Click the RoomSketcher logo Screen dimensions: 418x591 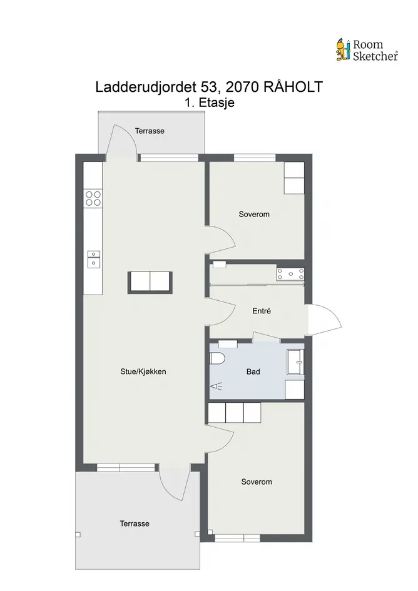pos(367,50)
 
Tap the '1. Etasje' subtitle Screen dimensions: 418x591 pos(210,103)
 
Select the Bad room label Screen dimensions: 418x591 pos(253,371)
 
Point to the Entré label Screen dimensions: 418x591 pos(262,311)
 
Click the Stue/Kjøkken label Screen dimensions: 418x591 pos(143,371)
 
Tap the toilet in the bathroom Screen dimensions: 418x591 pos(217,358)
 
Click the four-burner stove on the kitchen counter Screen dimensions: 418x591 pos(93,198)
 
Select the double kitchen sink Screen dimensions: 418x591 pos(94,259)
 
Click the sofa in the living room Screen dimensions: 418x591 pos(150,281)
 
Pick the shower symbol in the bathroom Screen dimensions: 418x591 pos(216,386)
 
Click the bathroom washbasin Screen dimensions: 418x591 pos(295,362)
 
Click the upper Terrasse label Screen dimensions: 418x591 pos(150,131)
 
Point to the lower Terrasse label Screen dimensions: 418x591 pos(135,523)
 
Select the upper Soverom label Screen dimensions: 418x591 pos(254,214)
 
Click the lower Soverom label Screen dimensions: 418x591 pos(257,482)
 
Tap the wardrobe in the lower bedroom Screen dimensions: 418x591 pos(234,412)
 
